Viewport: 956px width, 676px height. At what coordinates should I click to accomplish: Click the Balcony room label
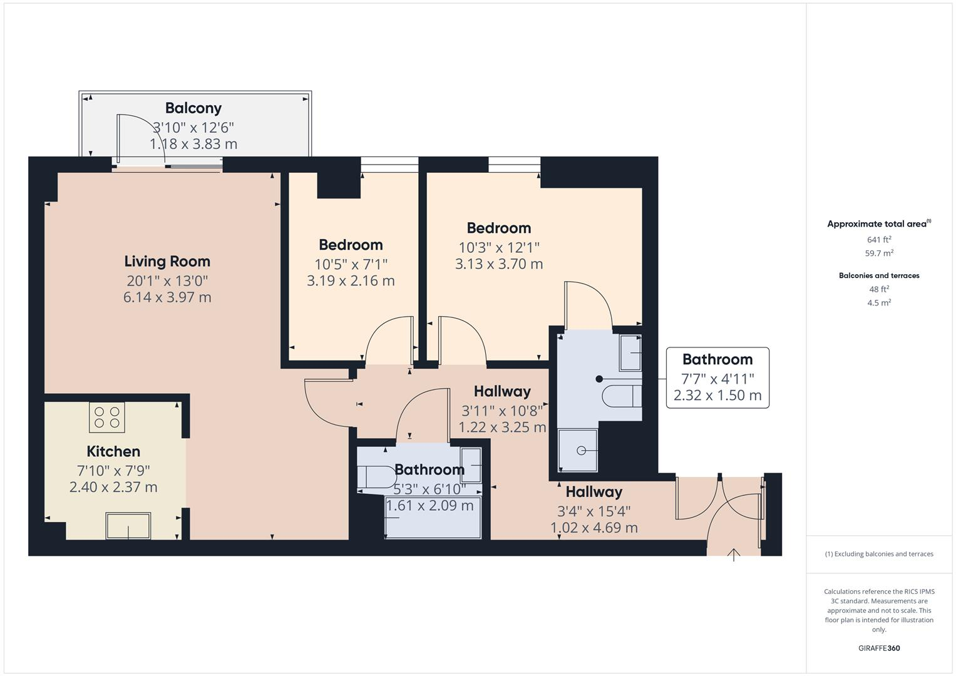tap(193, 108)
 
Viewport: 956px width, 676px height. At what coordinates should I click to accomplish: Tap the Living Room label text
tap(167, 261)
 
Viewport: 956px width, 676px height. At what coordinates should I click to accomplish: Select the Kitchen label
tap(113, 451)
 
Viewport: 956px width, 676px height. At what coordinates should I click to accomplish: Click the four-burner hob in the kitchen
tap(107, 417)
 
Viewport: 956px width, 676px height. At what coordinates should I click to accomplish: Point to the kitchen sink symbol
tap(128, 526)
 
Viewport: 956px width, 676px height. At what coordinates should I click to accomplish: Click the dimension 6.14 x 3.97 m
tap(167, 297)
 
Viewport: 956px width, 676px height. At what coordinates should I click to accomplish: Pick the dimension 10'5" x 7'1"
tap(351, 264)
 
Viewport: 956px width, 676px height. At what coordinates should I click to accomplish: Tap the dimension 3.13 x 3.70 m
tap(499, 264)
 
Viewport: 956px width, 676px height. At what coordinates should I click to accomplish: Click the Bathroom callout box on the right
tap(717, 377)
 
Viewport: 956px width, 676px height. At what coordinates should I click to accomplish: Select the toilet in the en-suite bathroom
tap(622, 396)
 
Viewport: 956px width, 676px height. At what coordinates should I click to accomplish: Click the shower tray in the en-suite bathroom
tap(578, 450)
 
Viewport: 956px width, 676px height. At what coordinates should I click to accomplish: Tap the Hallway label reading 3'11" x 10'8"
tap(502, 411)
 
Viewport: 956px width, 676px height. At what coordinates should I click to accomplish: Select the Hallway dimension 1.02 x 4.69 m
tap(594, 528)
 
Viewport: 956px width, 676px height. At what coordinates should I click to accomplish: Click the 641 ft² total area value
tap(879, 240)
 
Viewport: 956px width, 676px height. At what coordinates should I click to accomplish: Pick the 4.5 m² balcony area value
tap(879, 303)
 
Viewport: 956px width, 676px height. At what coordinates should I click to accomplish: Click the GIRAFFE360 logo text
tap(879, 648)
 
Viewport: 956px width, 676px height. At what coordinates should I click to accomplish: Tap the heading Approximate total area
tap(878, 224)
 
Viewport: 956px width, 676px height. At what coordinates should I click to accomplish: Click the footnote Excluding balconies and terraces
tap(879, 554)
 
